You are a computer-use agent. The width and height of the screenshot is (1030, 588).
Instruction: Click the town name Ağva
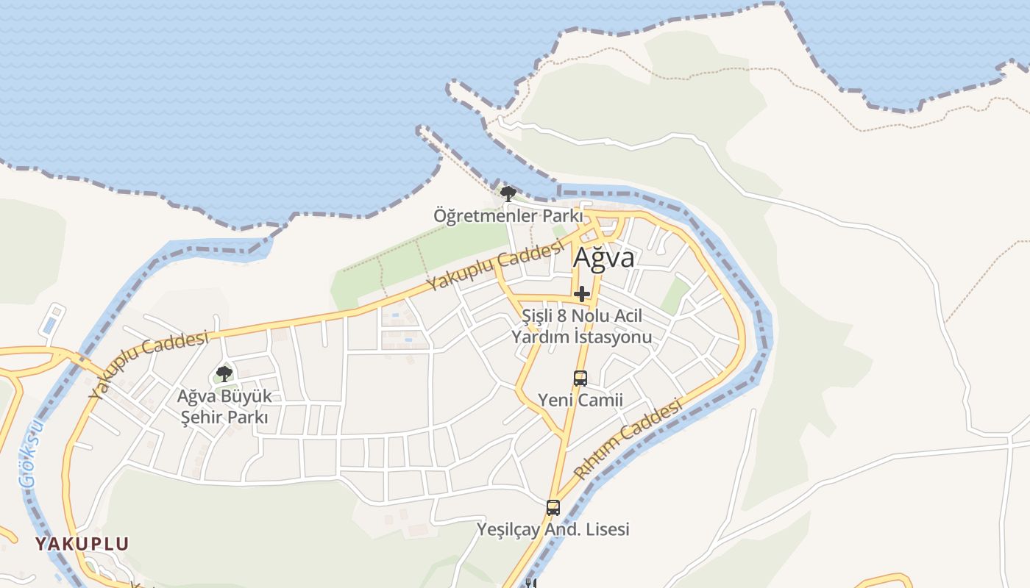click(603, 258)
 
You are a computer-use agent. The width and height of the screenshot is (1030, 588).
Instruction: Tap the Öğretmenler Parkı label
click(508, 216)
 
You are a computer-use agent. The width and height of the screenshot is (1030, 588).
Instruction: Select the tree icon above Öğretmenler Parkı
click(508, 194)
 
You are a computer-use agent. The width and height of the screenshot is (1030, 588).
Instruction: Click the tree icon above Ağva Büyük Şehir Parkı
click(224, 374)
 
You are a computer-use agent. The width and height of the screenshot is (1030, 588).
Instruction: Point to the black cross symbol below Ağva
click(582, 294)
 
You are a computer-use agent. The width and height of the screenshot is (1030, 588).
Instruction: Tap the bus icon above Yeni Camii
click(580, 379)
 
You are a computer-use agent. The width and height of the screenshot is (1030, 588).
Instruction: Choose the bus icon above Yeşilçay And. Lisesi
click(553, 507)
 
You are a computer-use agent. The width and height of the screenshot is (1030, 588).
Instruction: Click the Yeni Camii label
click(580, 401)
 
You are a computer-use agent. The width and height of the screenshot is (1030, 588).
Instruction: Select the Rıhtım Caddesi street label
click(630, 440)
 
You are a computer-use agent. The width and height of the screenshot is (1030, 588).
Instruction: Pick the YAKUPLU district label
click(82, 544)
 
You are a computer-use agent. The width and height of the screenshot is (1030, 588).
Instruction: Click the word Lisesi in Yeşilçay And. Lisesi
click(605, 529)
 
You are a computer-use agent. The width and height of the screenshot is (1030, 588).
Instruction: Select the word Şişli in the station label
click(536, 316)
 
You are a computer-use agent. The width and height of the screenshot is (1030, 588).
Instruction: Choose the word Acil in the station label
click(627, 316)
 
